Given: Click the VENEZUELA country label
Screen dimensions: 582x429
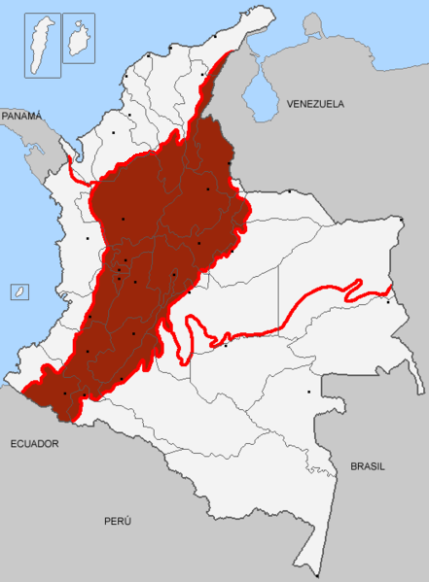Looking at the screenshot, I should [317, 102].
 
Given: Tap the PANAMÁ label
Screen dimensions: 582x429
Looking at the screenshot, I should [21, 115].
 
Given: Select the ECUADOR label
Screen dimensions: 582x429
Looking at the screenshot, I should [34, 443].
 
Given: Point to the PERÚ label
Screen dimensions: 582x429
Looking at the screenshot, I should [118, 522].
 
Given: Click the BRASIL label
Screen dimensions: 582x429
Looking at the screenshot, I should [368, 466].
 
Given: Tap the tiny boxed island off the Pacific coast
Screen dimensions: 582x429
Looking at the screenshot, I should [18, 291].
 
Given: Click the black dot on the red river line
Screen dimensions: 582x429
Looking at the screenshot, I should [226, 344].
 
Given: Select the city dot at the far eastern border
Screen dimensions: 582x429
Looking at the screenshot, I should [388, 301].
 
